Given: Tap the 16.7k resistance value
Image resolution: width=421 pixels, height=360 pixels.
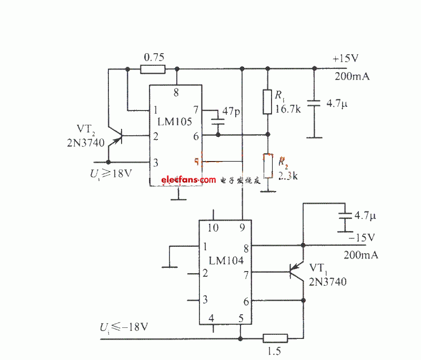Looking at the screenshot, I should pyautogui.click(x=288, y=110).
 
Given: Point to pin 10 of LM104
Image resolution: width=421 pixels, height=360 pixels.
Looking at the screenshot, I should pyautogui.click(x=214, y=228).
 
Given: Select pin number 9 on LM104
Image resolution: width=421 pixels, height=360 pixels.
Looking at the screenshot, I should pyautogui.click(x=242, y=228).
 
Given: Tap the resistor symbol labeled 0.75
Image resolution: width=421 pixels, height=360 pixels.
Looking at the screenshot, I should pyautogui.click(x=153, y=68).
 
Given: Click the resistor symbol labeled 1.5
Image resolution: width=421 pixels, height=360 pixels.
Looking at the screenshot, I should pyautogui.click(x=275, y=338).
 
